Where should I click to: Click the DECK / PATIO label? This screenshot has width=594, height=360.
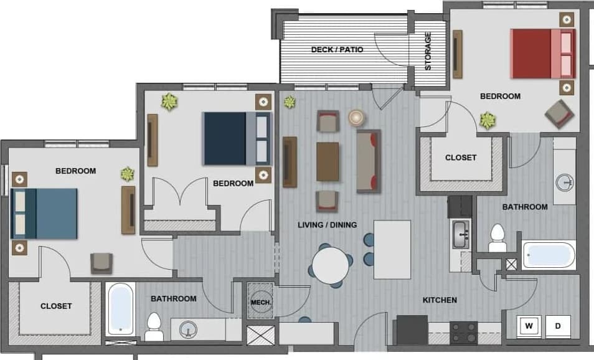[337, 50]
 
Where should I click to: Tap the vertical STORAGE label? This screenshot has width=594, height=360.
[428, 51]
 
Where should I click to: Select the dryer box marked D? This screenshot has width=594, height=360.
[558, 325]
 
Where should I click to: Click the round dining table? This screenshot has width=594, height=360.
[331, 265]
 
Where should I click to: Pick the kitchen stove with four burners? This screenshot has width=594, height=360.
[463, 332]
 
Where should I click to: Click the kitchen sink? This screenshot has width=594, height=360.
[461, 234]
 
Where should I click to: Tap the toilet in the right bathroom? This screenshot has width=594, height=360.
[497, 238]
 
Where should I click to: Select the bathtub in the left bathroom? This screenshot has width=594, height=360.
[121, 308]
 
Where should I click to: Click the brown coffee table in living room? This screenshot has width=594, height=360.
[328, 161]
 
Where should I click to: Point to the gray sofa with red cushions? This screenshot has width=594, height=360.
[369, 161]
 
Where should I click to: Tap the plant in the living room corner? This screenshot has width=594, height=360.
[290, 102]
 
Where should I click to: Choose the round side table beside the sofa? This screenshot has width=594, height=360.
[357, 117]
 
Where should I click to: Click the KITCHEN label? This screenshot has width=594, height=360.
[440, 300]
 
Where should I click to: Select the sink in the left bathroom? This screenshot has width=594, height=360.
[187, 330]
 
